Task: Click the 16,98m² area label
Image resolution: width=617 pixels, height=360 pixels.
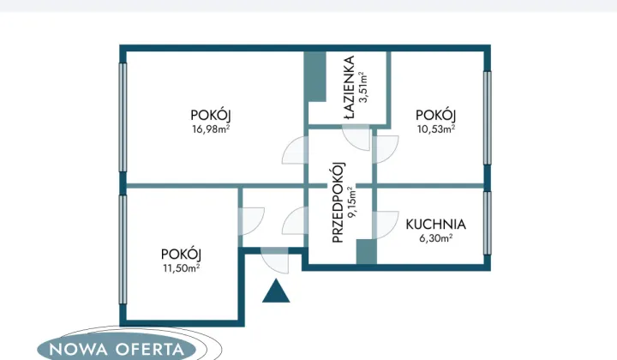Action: point(211,129)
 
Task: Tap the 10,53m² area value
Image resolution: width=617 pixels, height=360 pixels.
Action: point(436,129)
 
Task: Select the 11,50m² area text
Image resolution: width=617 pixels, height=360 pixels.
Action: point(182,268)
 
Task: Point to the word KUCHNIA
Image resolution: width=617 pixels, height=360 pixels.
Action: point(435,225)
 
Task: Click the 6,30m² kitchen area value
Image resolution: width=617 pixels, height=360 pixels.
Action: point(436,238)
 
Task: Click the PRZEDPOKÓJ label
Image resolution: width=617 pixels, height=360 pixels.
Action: point(338,202)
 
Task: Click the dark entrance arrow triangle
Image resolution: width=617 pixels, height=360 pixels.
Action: point(276,291)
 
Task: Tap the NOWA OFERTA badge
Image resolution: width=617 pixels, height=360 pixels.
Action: point(117,349)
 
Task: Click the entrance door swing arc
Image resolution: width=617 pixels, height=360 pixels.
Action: point(275,261)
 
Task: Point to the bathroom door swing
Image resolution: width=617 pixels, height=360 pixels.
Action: point(356,138)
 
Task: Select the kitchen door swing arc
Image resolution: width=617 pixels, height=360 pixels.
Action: point(386,225)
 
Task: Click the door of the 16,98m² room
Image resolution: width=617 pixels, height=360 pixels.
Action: point(295,150)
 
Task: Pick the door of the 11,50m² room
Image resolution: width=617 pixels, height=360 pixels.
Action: point(252,221)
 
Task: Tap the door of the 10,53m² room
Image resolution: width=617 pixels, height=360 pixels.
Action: point(386,149)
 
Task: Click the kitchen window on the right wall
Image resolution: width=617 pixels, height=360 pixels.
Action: point(487,223)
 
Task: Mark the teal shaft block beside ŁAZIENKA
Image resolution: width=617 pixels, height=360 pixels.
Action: point(315,77)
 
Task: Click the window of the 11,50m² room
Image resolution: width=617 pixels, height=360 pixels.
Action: point(123,249)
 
